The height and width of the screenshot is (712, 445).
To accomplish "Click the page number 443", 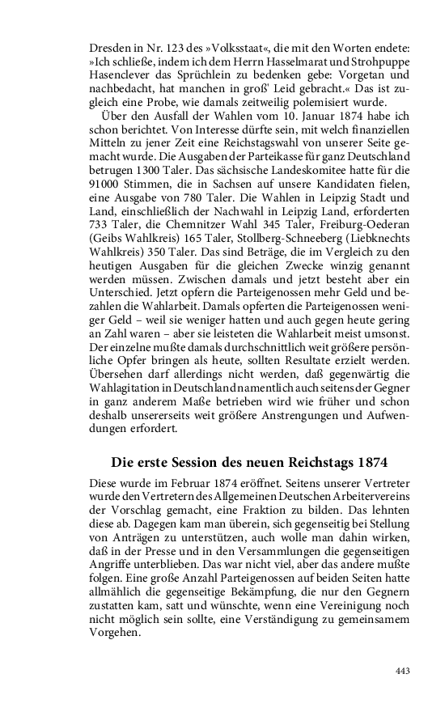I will pos(405,671).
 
